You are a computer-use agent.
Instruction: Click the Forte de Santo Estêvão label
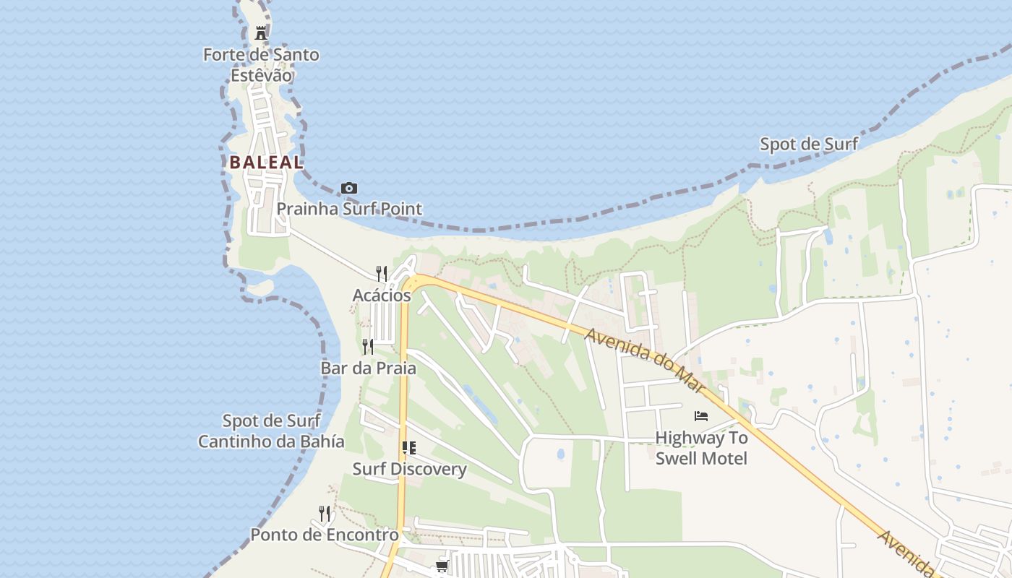pyautogui.click(x=261, y=64)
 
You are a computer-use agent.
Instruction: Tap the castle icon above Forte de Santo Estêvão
pyautogui.click(x=261, y=33)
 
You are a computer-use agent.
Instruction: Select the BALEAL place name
pyautogui.click(x=267, y=163)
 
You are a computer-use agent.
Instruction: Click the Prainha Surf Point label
pyautogui.click(x=349, y=209)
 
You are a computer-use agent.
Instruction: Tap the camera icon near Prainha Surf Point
pyautogui.click(x=349, y=189)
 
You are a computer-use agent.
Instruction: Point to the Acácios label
pyautogui.click(x=382, y=295)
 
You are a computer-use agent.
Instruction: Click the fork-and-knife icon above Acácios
pyautogui.click(x=382, y=273)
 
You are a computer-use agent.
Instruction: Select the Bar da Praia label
pyautogui.click(x=368, y=368)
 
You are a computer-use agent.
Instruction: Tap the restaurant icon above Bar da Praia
pyautogui.click(x=368, y=347)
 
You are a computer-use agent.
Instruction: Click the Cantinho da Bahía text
pyautogui.click(x=271, y=441)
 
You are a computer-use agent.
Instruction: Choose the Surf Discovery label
pyautogui.click(x=409, y=469)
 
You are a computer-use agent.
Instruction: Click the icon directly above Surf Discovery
pyautogui.click(x=409, y=448)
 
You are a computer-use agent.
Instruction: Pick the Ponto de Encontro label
pyautogui.click(x=325, y=535)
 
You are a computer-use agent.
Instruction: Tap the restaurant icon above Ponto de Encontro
pyautogui.click(x=325, y=514)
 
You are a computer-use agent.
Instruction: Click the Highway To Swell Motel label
pyautogui.click(x=701, y=448)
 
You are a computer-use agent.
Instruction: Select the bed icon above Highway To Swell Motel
pyautogui.click(x=700, y=415)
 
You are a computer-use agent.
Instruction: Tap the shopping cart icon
pyautogui.click(x=442, y=566)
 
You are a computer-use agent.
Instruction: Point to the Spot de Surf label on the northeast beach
pyautogui.click(x=809, y=144)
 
